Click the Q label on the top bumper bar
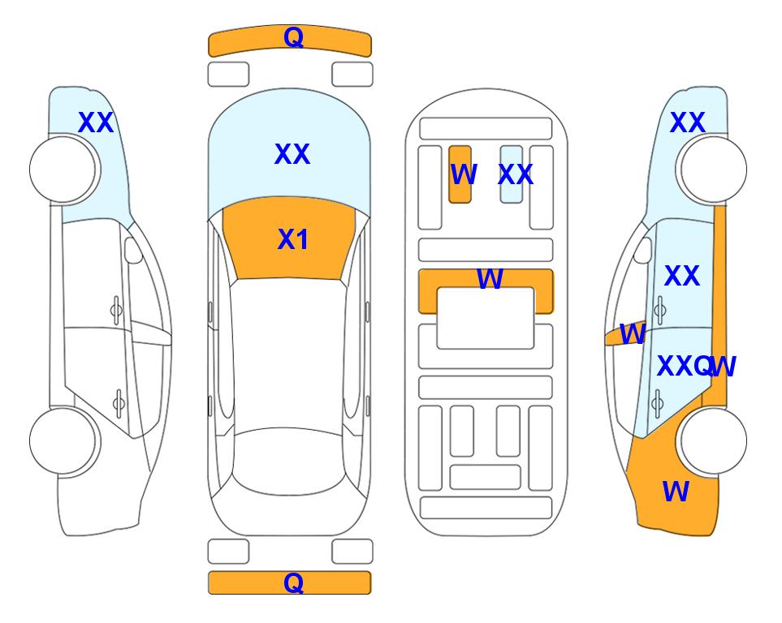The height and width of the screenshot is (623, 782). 293,37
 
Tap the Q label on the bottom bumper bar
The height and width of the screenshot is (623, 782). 293,582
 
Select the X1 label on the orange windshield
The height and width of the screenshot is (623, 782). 293,239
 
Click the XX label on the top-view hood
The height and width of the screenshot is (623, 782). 292,154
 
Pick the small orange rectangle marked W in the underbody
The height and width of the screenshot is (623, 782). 460,174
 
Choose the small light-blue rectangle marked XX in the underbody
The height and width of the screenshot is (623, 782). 512,174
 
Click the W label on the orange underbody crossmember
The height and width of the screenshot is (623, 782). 490,278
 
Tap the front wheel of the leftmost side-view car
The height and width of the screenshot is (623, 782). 63,170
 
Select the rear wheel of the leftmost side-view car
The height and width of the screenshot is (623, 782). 63,440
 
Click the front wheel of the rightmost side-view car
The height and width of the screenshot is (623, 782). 713,170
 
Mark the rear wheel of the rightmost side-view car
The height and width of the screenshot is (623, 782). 713,440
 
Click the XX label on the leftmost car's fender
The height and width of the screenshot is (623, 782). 96,122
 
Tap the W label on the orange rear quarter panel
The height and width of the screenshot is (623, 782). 676,492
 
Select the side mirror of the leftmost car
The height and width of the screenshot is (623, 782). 133,251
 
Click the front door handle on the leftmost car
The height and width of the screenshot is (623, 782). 116,311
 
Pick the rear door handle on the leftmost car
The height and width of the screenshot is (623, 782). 119,403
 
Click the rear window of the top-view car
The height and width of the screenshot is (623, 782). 288,461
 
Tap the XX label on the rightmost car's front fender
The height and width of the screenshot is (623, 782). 687,122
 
